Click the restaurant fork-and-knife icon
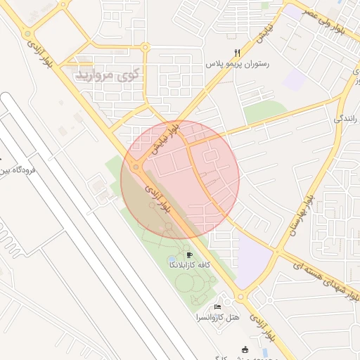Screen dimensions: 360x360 [237, 53]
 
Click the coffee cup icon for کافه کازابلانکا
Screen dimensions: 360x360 [190, 255]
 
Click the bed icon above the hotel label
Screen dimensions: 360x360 [218, 307]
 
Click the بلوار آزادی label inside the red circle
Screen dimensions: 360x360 [158, 199]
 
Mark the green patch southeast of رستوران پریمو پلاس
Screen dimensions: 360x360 [265, 112]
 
